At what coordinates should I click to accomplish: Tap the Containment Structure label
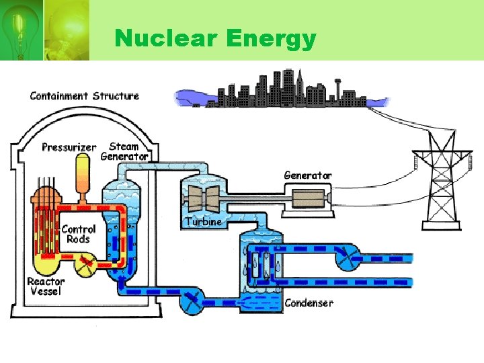[85, 95]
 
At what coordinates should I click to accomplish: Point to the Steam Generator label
[124, 151]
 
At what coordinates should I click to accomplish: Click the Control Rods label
[78, 234]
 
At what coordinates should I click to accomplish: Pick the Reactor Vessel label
[46, 286]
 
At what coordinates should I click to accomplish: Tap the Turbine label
[203, 221]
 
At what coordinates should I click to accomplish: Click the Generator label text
[308, 175]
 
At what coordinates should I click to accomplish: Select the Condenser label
[309, 303]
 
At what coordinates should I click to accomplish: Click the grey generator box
[306, 199]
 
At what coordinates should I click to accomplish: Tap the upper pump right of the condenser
[348, 255]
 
